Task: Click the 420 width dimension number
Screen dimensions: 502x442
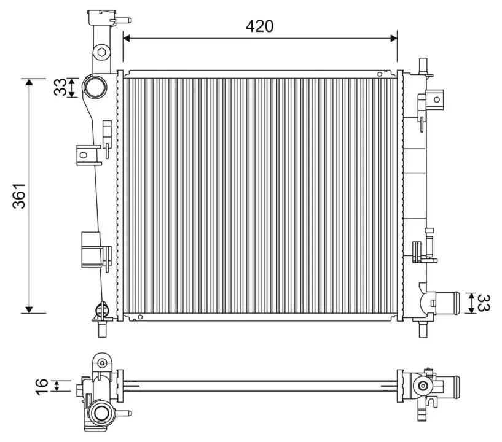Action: click(x=259, y=26)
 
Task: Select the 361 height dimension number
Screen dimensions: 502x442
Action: click(x=19, y=196)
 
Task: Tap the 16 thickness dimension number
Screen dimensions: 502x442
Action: click(x=42, y=387)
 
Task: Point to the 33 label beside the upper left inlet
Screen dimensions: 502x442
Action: click(x=60, y=87)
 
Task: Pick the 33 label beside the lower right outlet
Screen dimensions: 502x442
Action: click(x=483, y=303)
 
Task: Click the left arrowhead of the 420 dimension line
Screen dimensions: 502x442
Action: click(x=127, y=39)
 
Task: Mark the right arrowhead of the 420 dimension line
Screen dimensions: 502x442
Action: click(x=394, y=39)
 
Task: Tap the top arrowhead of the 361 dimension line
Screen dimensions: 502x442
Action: click(x=29, y=82)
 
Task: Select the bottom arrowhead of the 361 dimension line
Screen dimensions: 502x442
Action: click(x=29, y=309)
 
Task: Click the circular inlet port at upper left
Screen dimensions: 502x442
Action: click(x=95, y=87)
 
